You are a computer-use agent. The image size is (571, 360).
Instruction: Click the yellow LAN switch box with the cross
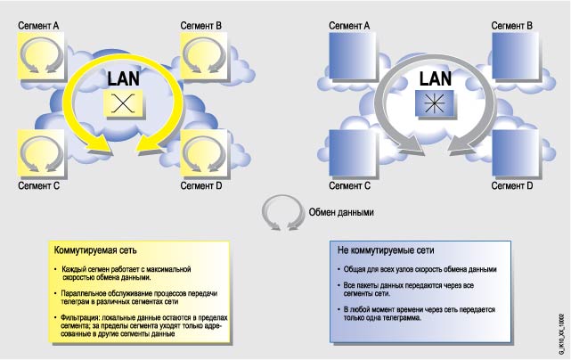click(x=123, y=102)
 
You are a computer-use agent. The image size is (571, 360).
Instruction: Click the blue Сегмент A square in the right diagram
click(x=352, y=59)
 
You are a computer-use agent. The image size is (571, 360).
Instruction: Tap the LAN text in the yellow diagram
click(x=123, y=78)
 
